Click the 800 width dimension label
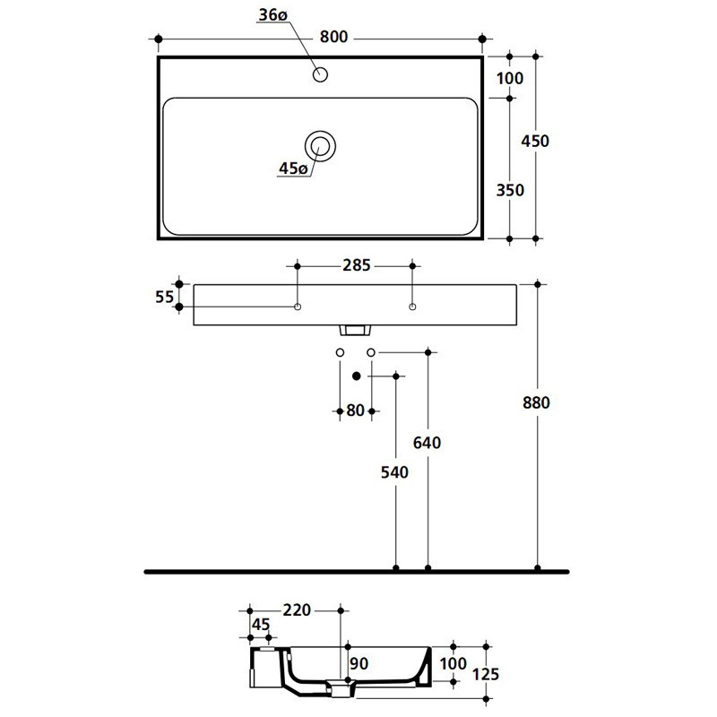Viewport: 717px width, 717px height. pos(333,37)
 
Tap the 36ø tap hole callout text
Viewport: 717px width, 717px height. pos(273,14)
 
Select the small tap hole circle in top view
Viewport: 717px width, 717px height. pos(320,74)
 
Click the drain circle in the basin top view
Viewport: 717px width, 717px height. pos(320,146)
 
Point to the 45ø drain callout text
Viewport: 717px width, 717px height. pos(293,168)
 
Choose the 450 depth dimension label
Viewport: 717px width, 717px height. pos(535,141)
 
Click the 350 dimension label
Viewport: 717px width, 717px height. pos(510,190)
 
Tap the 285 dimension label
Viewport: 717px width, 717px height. pos(356,265)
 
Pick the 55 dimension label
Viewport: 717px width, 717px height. pos(165,297)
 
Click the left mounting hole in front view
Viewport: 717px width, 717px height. pos(298,307)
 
